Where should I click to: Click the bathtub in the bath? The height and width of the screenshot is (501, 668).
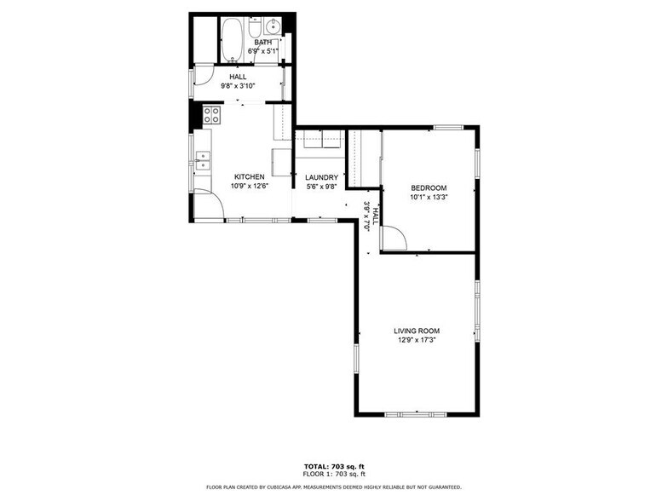click(232, 40)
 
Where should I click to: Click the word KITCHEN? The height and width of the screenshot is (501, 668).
click(250, 176)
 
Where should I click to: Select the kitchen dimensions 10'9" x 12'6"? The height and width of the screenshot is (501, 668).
click(250, 186)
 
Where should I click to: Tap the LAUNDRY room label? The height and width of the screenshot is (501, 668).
click(321, 177)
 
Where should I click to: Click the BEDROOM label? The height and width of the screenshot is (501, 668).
click(428, 188)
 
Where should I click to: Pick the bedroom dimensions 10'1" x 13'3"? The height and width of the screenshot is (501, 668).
click(428, 198)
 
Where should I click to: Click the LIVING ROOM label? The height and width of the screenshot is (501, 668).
click(416, 331)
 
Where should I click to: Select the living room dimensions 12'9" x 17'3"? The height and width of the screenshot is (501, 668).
click(416, 340)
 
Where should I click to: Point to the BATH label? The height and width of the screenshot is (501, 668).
click(262, 42)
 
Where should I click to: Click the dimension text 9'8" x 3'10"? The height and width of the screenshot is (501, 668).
click(238, 86)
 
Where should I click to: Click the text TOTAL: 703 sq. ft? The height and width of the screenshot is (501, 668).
click(333, 466)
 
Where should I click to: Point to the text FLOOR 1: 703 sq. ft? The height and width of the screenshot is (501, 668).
click(333, 474)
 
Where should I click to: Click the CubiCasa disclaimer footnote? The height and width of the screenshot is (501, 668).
click(333, 487)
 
